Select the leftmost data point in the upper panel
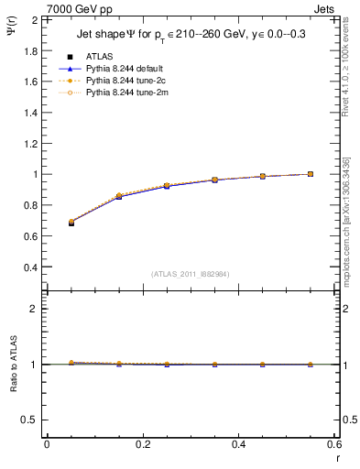point(71,223)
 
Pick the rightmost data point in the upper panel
point(311,174)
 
